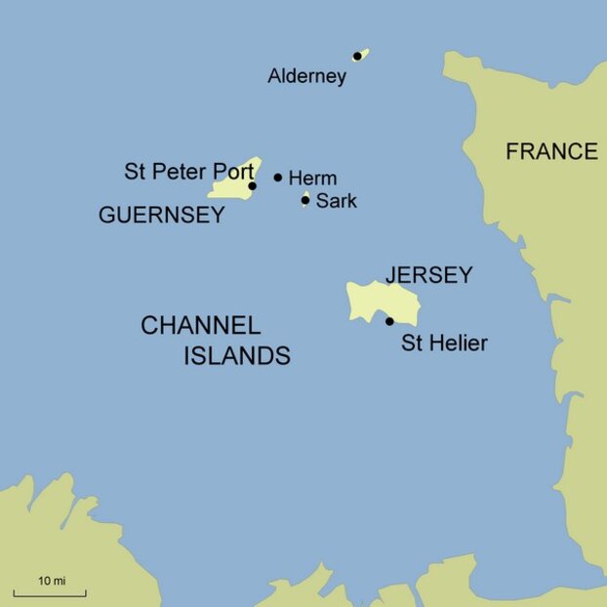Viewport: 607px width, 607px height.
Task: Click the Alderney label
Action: click(306, 76)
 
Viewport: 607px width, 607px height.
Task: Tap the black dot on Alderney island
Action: click(357, 57)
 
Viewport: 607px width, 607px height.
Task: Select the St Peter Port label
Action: click(188, 172)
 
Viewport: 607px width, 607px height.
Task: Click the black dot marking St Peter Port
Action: click(252, 185)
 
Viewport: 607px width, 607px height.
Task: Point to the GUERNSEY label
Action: click(161, 216)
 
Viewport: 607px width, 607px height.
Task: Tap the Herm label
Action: click(312, 179)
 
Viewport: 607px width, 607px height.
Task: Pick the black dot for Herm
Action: click(278, 178)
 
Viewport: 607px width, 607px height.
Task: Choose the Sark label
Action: click(336, 201)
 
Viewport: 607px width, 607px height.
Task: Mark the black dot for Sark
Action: click(305, 200)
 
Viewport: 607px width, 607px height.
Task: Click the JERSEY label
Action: click(428, 275)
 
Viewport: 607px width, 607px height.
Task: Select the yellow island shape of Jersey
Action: click(376, 301)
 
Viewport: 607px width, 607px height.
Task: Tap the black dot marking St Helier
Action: click(389, 321)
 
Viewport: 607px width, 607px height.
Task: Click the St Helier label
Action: click(444, 344)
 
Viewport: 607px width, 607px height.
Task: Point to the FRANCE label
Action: click(550, 151)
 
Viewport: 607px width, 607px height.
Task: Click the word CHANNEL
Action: click(200, 326)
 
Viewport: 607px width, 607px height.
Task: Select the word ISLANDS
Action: click(237, 356)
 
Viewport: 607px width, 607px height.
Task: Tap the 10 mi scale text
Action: click(52, 581)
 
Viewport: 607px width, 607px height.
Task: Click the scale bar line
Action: click(50, 592)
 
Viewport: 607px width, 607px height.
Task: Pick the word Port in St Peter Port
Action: click(235, 172)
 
